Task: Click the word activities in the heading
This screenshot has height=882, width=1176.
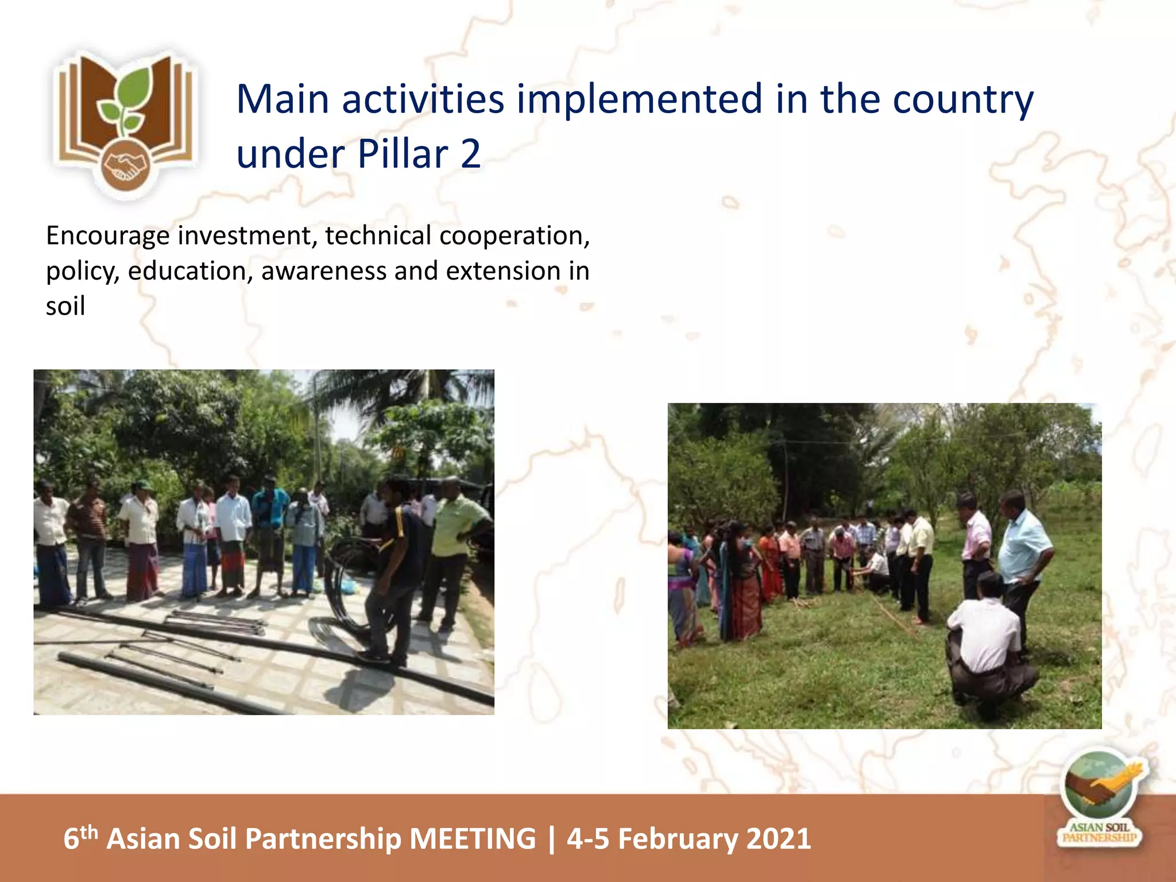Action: point(423,99)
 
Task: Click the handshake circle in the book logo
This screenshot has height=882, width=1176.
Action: point(125,166)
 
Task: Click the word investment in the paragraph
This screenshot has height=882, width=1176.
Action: point(247,235)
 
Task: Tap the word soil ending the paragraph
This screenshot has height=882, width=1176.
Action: point(65,306)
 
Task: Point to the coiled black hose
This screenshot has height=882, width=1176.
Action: point(350,586)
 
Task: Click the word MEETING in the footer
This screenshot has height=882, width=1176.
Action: point(473,838)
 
